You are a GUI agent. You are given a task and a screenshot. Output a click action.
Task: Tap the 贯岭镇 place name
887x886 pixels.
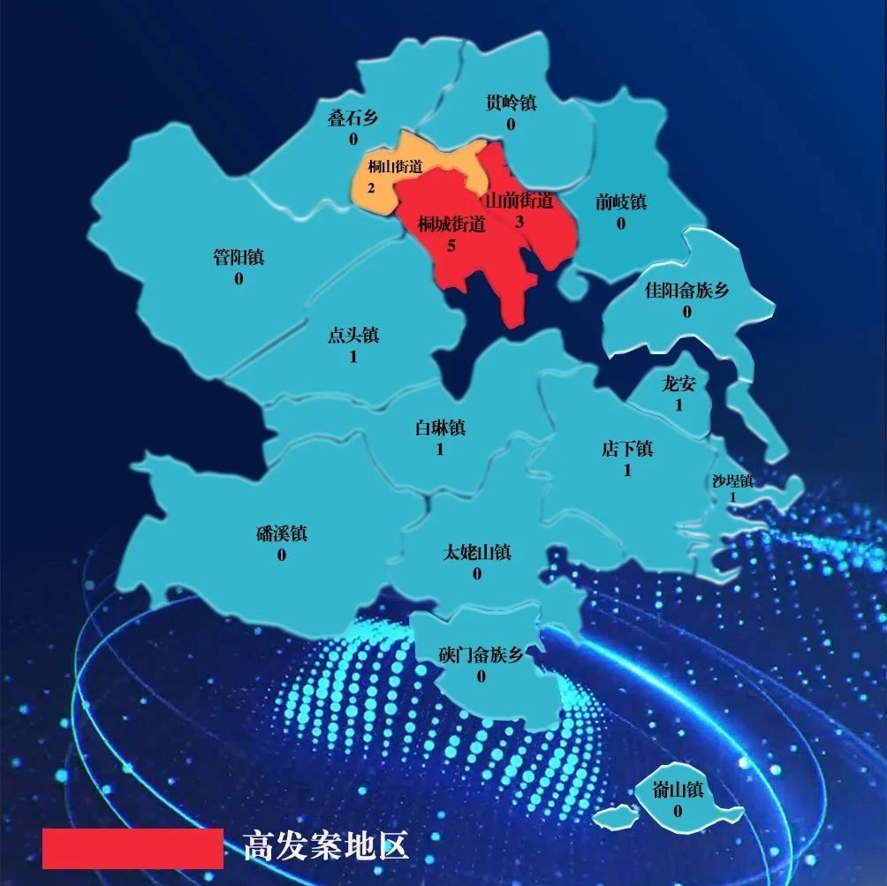click(x=511, y=103)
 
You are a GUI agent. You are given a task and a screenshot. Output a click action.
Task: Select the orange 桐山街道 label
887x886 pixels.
click(x=395, y=166)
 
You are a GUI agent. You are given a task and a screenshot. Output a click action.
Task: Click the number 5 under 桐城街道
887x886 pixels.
click(x=451, y=246)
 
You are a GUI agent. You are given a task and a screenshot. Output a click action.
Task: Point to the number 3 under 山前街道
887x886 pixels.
click(x=519, y=222)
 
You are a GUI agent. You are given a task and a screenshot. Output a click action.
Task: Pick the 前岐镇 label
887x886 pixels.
click(x=620, y=202)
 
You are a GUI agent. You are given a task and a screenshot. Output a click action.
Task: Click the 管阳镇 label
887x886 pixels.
click(x=239, y=259)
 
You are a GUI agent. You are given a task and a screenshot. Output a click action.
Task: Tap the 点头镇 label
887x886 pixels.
click(x=353, y=336)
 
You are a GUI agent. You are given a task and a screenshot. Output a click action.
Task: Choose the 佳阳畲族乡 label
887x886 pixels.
click(x=686, y=291)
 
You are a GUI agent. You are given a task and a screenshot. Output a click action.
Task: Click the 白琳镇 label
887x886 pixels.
click(x=440, y=428)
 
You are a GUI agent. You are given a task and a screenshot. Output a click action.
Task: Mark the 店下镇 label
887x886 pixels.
click(x=627, y=449)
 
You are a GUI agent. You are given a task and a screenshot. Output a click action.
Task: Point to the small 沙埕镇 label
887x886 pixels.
click(x=732, y=481)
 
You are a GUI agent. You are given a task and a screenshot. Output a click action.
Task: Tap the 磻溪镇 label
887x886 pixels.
click(x=281, y=534)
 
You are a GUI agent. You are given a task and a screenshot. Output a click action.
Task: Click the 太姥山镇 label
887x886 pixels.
click(x=477, y=553)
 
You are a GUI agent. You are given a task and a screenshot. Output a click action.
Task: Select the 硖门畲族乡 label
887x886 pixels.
click(x=481, y=655)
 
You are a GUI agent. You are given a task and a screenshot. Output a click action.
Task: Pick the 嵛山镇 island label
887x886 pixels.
click(x=678, y=791)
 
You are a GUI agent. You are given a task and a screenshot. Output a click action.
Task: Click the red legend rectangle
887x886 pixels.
click(x=133, y=847)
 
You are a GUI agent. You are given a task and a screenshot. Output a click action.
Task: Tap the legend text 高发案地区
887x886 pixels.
click(x=326, y=845)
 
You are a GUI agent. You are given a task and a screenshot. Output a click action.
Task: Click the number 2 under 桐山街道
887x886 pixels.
click(x=371, y=187)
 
